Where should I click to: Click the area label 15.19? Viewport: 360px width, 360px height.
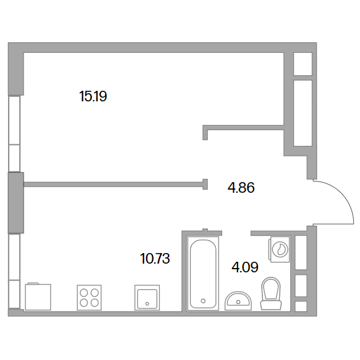coord(93,96)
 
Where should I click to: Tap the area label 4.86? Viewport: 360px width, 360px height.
coord(241,188)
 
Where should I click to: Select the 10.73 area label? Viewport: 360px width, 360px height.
coord(155,259)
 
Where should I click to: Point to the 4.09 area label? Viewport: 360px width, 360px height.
coord(245,267)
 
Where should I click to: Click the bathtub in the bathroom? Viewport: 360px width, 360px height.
coord(203,273)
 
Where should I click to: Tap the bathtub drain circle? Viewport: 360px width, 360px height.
coord(203,301)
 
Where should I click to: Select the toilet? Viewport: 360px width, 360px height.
coord(271,293)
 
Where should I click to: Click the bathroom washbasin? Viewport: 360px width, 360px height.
coord(238,301)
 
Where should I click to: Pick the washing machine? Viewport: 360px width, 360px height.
coord(279,249)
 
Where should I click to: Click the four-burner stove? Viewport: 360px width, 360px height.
coord(90,298)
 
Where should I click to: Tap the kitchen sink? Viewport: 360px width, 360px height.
coord(147,298)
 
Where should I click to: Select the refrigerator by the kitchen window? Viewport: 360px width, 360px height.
coord(38,297)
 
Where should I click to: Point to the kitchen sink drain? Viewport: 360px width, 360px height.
coord(147,304)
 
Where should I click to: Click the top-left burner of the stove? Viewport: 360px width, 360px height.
coord(84,293)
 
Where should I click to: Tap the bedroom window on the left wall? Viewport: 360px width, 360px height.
coord(14,134)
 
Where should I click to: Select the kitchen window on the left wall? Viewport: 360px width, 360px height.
coord(14,271)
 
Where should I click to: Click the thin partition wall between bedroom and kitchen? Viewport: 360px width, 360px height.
coord(113,185)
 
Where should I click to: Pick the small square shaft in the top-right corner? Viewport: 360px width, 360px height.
coord(303,64)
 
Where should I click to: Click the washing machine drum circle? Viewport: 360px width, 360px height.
coord(280,249)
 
